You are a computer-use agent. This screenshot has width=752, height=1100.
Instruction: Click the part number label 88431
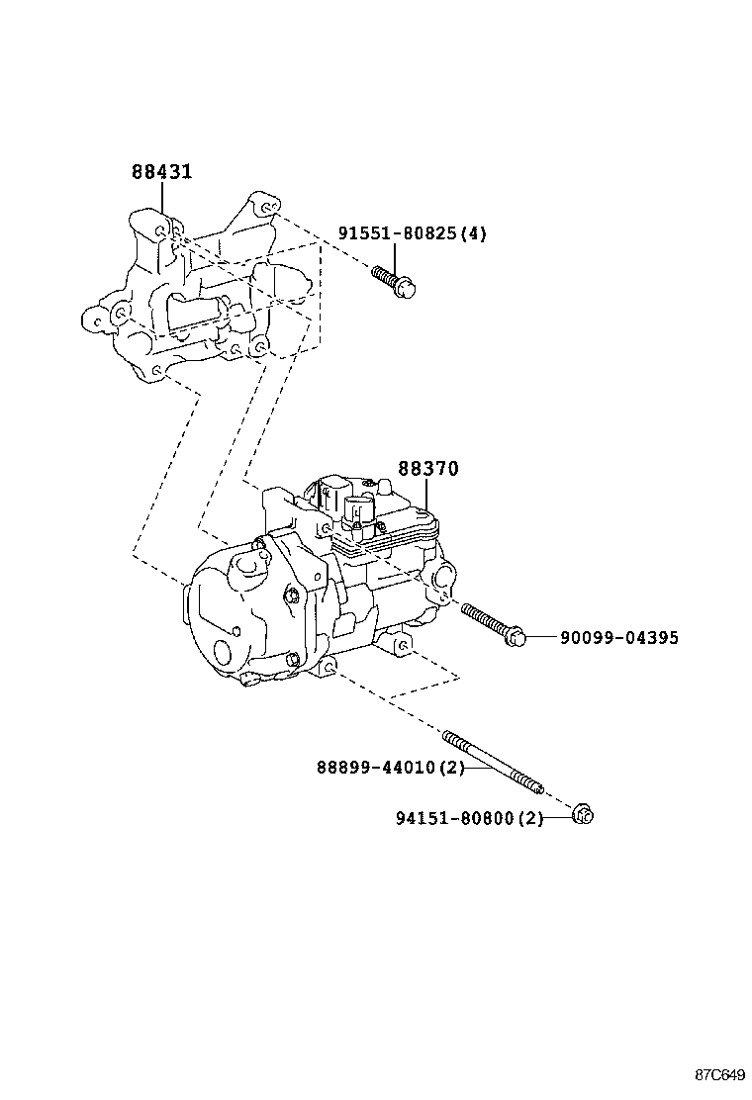[x=161, y=172]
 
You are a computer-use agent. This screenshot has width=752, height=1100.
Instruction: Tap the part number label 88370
[x=428, y=469]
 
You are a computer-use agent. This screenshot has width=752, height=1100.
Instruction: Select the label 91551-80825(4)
[x=413, y=233]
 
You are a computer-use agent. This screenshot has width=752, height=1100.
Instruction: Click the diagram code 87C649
[x=718, y=1074]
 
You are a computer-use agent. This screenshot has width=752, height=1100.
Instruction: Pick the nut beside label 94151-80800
[x=583, y=815]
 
